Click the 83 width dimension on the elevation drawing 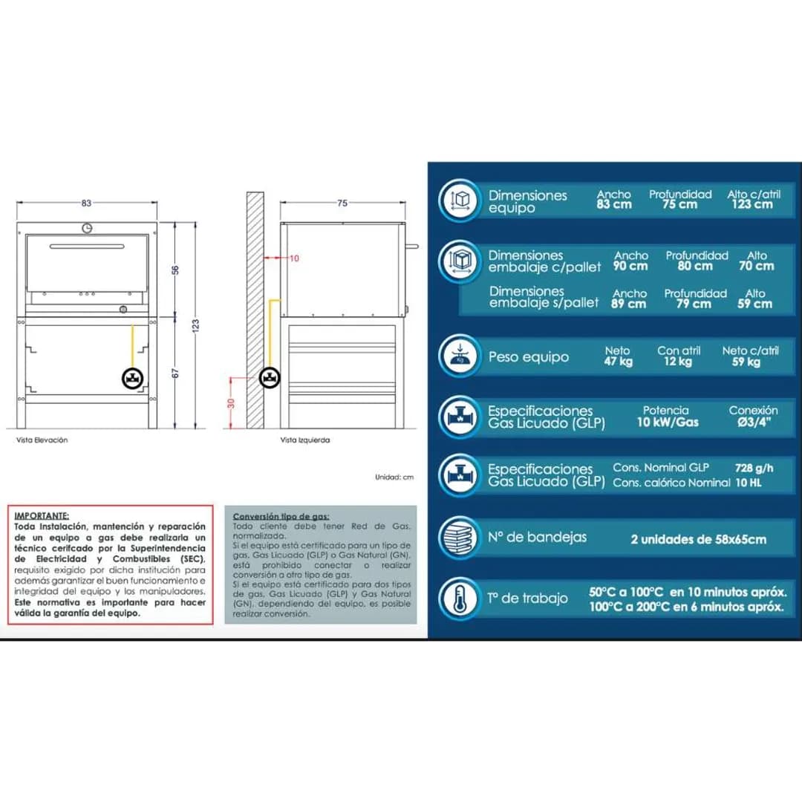[87, 203]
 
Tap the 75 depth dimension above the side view [342, 203]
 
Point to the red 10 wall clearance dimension [294, 258]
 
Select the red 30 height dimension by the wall [231, 402]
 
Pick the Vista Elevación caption [42, 440]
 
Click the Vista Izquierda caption [305, 440]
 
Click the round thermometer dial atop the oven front [87, 227]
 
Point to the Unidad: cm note [394, 477]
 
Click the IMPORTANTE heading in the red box [42, 515]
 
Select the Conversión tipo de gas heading [281, 516]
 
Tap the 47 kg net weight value [617, 362]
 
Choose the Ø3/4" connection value [753, 423]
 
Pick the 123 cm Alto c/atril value [752, 204]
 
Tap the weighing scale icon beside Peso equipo [458, 356]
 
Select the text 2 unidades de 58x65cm [698, 539]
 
